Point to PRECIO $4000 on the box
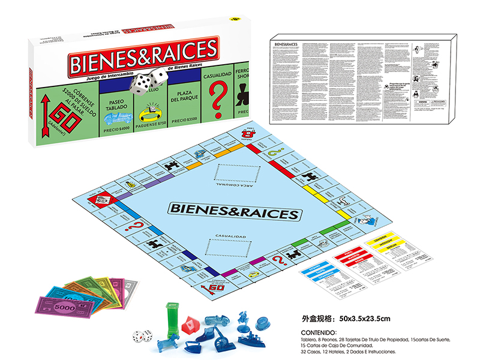coord(115,127)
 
